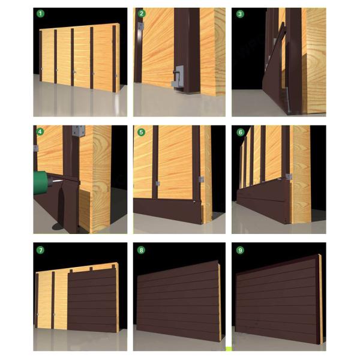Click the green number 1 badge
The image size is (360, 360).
[40, 13]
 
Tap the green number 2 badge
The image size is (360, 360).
[142, 13]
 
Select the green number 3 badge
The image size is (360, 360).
[240, 13]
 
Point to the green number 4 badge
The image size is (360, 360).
[40, 131]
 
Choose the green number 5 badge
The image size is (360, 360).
[142, 131]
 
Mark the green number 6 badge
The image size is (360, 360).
[240, 131]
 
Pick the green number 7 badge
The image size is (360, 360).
[40, 248]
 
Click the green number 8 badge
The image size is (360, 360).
[142, 248]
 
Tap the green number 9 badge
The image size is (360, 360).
[240, 248]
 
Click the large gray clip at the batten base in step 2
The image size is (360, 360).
[178, 77]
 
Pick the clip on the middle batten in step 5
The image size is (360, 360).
[157, 182]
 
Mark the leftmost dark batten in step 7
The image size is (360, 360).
[38, 300]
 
